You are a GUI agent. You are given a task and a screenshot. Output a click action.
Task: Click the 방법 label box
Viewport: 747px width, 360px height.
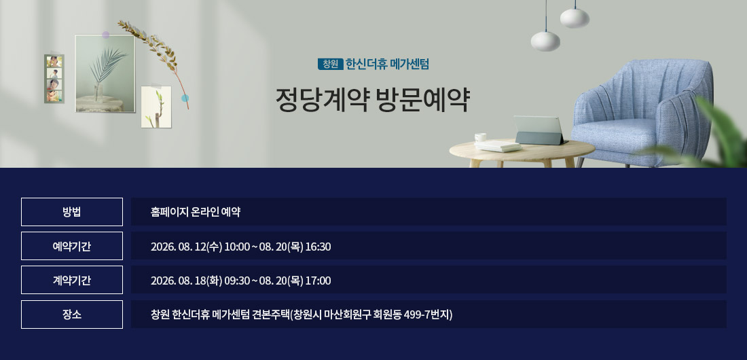click(72, 212)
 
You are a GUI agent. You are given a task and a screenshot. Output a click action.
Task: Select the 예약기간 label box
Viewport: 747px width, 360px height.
click(72, 246)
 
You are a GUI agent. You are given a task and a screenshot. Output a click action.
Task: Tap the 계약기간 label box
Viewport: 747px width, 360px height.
click(72, 280)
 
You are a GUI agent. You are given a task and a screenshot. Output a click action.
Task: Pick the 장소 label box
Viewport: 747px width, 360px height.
click(72, 314)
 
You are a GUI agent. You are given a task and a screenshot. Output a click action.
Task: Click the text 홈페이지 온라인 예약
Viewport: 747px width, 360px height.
click(196, 212)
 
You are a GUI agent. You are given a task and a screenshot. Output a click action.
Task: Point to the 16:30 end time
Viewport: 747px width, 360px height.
click(318, 247)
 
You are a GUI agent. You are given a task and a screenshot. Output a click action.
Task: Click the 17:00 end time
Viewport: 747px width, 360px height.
click(318, 281)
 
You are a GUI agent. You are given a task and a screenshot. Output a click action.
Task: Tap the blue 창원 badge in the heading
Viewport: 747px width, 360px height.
click(330, 64)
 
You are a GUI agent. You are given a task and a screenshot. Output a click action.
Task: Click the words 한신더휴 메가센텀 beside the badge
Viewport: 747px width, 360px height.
click(387, 64)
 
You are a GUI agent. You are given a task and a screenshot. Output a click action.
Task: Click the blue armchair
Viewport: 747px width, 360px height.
click(642, 113)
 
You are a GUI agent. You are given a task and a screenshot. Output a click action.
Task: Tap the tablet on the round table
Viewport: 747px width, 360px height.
click(539, 130)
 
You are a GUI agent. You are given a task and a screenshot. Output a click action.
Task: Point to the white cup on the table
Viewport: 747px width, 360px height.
click(480, 137)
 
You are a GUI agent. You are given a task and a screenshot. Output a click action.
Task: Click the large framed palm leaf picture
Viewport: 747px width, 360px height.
click(105, 73)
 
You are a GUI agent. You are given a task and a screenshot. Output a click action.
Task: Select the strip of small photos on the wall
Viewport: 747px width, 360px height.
click(54, 79)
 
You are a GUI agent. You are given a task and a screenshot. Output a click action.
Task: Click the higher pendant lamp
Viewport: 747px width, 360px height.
click(575, 17)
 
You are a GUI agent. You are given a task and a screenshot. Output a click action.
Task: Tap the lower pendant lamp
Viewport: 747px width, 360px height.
click(545, 40)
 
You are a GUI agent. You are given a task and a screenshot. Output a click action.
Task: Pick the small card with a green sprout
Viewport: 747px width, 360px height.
click(156, 107)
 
